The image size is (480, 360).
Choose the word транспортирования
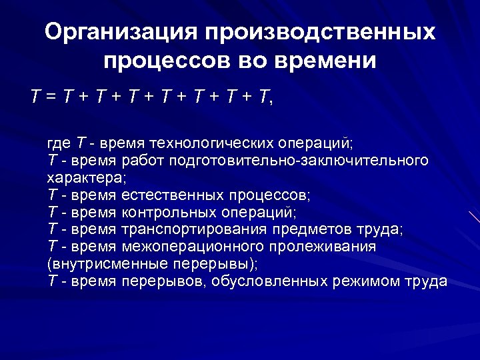(195, 230)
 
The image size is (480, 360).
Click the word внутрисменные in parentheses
(99, 264)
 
